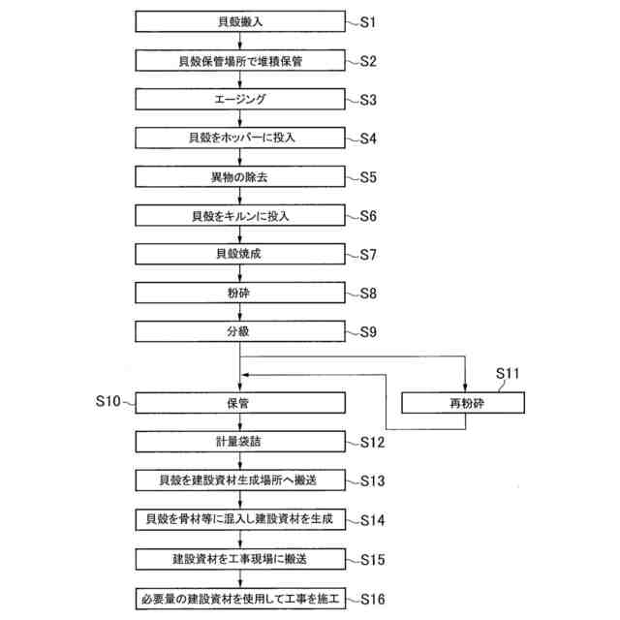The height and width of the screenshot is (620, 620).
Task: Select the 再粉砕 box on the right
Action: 466,401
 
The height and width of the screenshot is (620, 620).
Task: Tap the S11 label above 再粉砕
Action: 509,372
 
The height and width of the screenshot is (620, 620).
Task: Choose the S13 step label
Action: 372,480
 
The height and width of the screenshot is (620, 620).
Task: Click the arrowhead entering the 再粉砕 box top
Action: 466,387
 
